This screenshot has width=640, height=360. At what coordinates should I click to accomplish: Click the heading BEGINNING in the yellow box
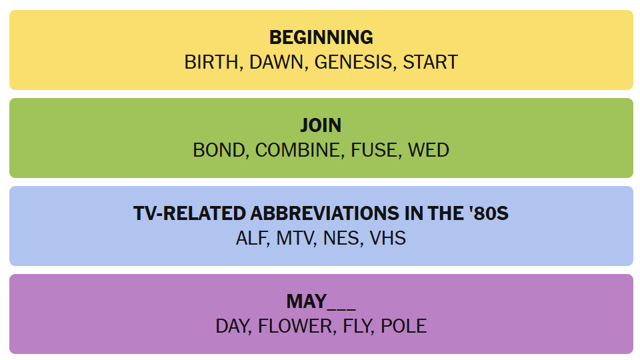tap(321, 37)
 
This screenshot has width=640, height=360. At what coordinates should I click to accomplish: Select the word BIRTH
tap(211, 63)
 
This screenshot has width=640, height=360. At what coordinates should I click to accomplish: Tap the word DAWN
tap(276, 63)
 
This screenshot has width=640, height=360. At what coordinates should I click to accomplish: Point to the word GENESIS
tap(353, 63)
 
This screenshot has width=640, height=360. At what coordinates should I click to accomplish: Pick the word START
tap(430, 63)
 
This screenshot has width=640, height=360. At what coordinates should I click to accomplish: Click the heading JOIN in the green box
tap(321, 125)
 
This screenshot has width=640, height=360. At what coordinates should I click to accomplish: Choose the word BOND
tap(219, 150)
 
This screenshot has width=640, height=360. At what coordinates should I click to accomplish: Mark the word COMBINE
tap(297, 150)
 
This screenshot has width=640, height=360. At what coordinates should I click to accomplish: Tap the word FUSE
tap(373, 150)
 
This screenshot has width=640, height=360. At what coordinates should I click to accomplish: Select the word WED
tap(429, 150)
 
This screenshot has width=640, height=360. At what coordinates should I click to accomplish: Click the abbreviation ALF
tap(251, 239)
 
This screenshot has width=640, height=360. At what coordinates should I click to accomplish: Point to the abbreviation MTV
tap(294, 239)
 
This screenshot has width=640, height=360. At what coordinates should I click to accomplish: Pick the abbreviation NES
tap(341, 239)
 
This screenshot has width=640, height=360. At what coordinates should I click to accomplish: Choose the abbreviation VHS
tap(388, 239)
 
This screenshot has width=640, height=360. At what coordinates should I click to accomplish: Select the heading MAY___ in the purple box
tap(321, 302)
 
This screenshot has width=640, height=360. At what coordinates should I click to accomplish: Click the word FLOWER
tap(295, 326)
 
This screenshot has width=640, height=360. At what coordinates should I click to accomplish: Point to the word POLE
tap(404, 326)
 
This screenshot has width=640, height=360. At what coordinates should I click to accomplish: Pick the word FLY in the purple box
tap(356, 326)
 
